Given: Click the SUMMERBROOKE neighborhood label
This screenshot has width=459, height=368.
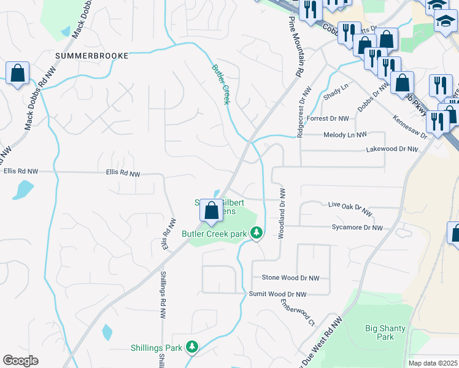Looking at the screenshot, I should pyautogui.click(x=91, y=56).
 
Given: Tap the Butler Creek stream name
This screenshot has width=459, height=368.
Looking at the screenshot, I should pyautogui.click(x=221, y=84).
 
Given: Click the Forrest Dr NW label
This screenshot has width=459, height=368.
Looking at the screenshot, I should pyautogui.click(x=328, y=118).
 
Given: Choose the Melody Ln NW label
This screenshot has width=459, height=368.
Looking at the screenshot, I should pyautogui.click(x=345, y=134).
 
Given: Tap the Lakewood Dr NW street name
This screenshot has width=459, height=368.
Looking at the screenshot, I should pyautogui.click(x=391, y=149).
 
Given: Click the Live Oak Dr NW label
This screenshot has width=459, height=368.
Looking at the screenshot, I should pyautogui.click(x=350, y=208).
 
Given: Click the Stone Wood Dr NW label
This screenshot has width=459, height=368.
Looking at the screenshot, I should pyautogui.click(x=291, y=278).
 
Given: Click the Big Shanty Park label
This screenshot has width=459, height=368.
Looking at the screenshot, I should pyautogui.click(x=385, y=332).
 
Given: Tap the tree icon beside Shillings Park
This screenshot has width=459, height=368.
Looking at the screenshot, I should pyautogui.click(x=192, y=347).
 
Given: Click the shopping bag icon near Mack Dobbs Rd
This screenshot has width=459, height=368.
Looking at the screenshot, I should pyautogui.click(x=18, y=73).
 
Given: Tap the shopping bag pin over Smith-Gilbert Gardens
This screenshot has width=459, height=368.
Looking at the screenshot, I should pyautogui.click(x=211, y=210).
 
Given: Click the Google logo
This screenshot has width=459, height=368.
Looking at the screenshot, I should pyautogui.click(x=21, y=361).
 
